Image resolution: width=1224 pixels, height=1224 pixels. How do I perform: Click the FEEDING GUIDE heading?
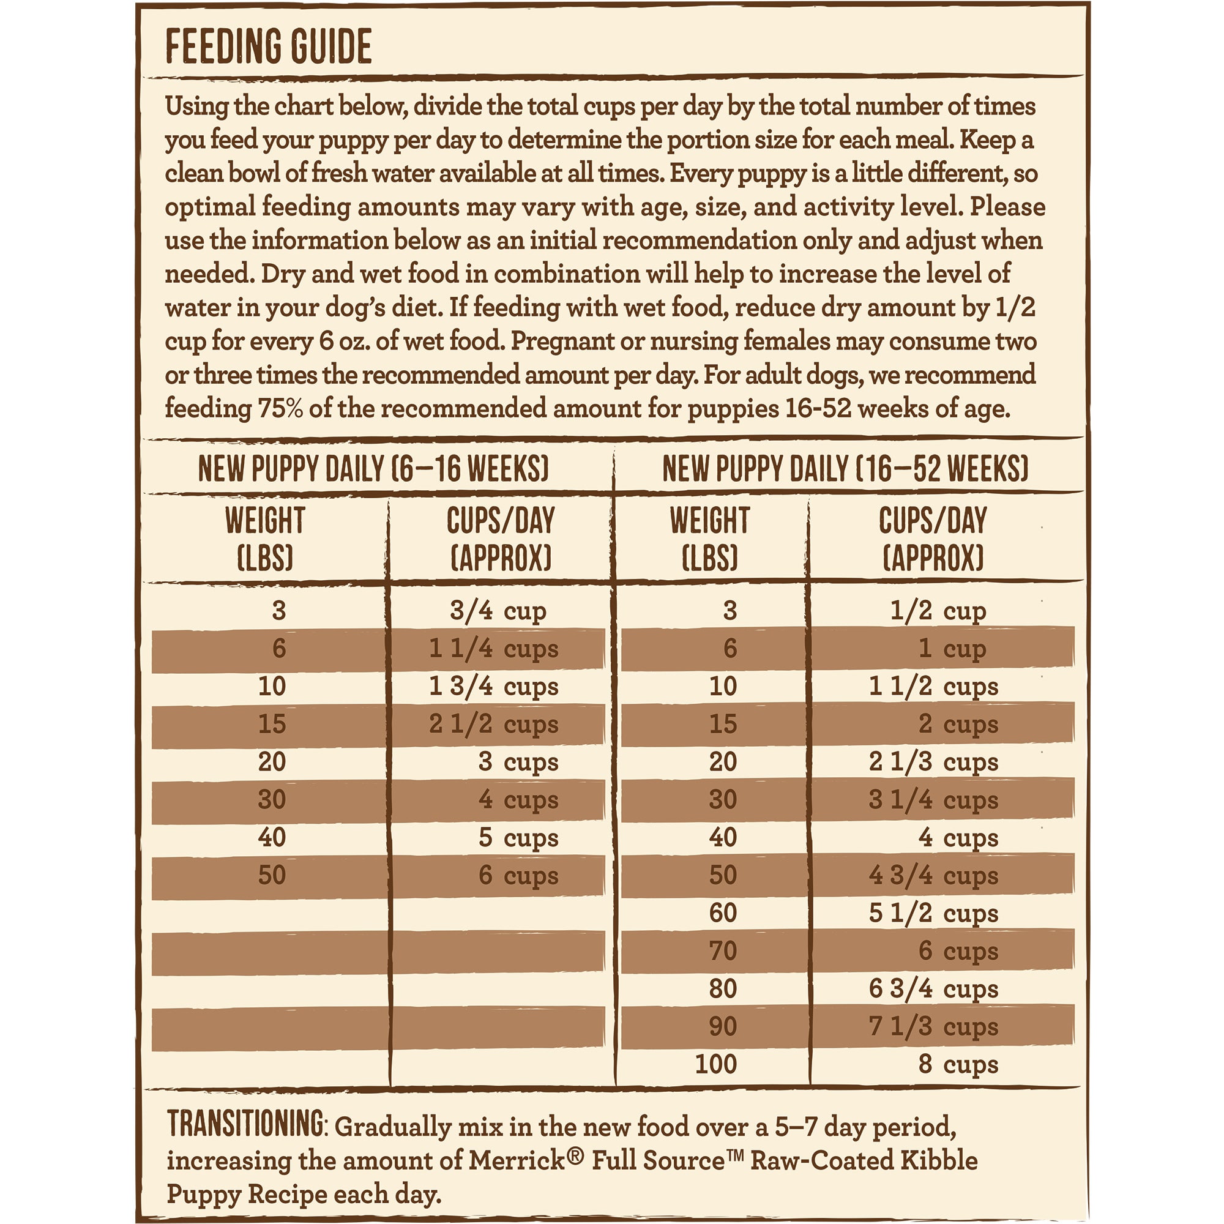269,47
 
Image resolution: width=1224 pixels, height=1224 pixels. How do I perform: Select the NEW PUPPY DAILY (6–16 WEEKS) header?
373,469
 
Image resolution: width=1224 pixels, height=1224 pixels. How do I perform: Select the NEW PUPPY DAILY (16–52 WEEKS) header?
845,469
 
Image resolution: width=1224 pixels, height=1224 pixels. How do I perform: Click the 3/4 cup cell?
498,611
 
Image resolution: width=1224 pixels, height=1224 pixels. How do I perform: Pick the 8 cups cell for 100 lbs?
958,1064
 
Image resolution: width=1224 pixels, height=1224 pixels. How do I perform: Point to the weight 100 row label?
716,1064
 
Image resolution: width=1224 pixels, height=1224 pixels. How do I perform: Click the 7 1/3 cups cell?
933,1026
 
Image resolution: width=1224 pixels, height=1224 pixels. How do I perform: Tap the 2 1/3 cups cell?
933,762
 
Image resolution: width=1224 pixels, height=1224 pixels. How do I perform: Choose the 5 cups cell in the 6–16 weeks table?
518,838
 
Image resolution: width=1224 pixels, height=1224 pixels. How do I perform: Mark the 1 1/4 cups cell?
493,649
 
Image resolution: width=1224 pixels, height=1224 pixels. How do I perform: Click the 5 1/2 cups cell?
933,914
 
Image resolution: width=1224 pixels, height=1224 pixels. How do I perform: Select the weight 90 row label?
723,1026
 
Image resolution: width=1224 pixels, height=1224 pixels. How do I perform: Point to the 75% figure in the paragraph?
280,409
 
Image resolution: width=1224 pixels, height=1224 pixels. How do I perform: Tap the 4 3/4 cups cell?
933,876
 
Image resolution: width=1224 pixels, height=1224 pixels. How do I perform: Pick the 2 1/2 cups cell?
493,724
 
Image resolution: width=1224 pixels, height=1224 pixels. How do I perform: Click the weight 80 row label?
723,989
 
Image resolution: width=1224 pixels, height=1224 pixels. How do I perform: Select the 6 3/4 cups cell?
933,989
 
